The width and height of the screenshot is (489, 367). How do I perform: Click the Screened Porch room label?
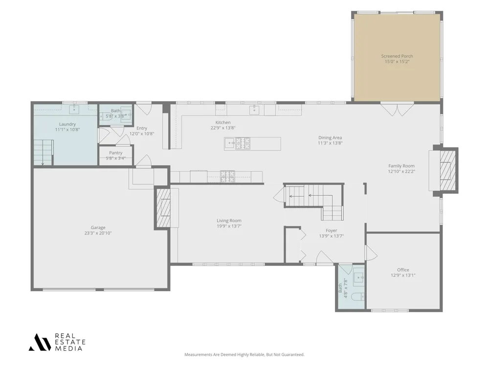[397, 56]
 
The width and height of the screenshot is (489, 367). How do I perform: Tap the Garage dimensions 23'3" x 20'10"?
[98, 233]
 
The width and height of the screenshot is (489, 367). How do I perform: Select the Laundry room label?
[67, 124]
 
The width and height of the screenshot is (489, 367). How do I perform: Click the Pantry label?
[116, 153]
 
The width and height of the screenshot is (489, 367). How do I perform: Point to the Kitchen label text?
[223, 123]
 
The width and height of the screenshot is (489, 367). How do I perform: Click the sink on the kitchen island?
[230, 143]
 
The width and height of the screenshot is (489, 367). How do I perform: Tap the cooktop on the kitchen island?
[243, 143]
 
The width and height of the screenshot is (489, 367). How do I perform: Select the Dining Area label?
[330, 138]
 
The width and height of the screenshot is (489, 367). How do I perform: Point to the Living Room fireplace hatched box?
[164, 207]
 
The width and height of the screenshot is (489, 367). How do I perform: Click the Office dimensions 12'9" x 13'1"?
[403, 275]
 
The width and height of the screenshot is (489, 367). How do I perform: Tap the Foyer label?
[331, 230]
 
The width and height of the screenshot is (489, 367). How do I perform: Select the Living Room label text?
[229, 221]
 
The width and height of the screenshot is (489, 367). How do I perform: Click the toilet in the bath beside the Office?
[357, 297]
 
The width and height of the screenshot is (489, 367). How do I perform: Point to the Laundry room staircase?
[43, 152]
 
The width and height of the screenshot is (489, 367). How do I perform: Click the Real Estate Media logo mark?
[40, 343]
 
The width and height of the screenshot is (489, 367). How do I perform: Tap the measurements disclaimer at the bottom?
[244, 354]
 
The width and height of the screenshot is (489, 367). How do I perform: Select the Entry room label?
[142, 128]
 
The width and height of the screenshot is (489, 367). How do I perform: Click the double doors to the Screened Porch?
[397, 109]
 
